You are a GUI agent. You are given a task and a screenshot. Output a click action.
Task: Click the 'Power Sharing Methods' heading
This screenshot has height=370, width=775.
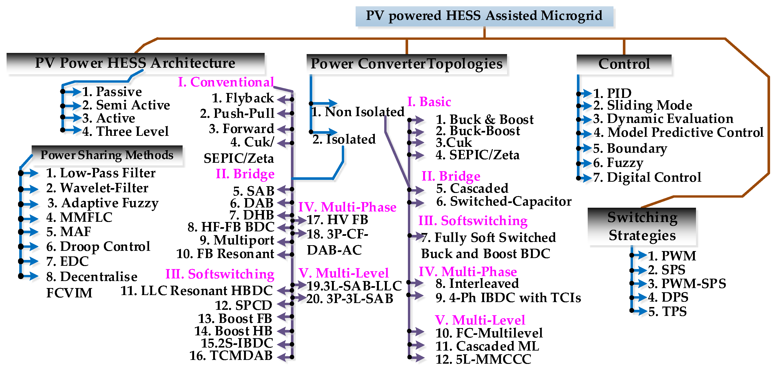(107, 155)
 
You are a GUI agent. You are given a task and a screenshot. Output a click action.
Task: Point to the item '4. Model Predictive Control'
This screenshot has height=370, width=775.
(678, 132)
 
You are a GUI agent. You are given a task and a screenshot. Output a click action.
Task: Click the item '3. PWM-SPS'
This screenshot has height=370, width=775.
(687, 283)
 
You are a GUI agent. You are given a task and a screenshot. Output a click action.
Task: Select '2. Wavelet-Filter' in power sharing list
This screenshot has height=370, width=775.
(97, 188)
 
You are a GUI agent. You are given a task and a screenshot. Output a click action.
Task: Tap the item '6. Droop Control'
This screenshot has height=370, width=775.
(98, 246)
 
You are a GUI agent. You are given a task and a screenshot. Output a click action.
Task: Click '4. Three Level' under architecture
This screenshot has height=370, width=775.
(125, 131)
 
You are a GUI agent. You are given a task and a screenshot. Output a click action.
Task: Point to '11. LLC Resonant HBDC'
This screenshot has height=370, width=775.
(196, 291)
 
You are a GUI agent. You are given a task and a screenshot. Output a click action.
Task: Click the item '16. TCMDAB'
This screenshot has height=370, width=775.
(231, 355)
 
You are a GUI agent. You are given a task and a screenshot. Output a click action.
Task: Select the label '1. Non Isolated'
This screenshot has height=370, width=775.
(358, 112)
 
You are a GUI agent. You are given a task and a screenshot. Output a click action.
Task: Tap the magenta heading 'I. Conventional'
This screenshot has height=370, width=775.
(226, 82)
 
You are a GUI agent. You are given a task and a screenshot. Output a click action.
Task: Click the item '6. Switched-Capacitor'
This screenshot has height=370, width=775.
(504, 201)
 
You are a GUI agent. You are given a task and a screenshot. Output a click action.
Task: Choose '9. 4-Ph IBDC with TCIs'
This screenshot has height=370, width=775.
(508, 298)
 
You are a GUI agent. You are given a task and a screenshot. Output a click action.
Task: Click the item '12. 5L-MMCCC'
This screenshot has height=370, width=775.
(483, 359)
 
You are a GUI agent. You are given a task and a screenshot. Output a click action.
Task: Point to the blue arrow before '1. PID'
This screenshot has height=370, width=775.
(585, 93)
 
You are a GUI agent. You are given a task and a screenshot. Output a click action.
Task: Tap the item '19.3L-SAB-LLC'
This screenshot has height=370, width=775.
(354, 286)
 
